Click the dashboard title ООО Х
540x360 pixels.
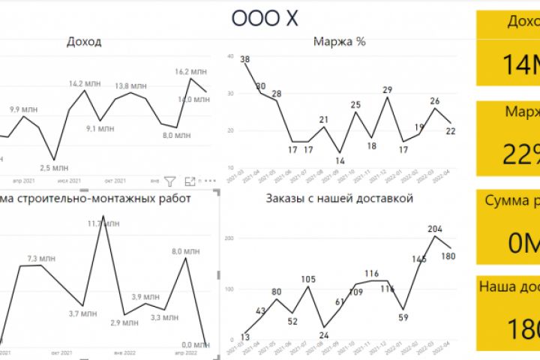coord(265,19)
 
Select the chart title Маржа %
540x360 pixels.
coord(339,42)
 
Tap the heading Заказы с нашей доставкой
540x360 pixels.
coord(340,199)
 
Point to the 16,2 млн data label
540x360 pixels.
coord(190,72)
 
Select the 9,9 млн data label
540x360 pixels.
coord(24,109)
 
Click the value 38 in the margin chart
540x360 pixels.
coord(245,60)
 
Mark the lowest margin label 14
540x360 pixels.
coord(340,160)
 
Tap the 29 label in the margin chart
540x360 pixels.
coord(387,90)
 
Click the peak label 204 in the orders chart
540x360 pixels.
coord(435,229)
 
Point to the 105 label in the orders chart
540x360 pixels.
coord(307,280)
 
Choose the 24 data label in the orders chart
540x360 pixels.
coord(324,334)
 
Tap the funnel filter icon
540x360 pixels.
coord(170,181)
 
